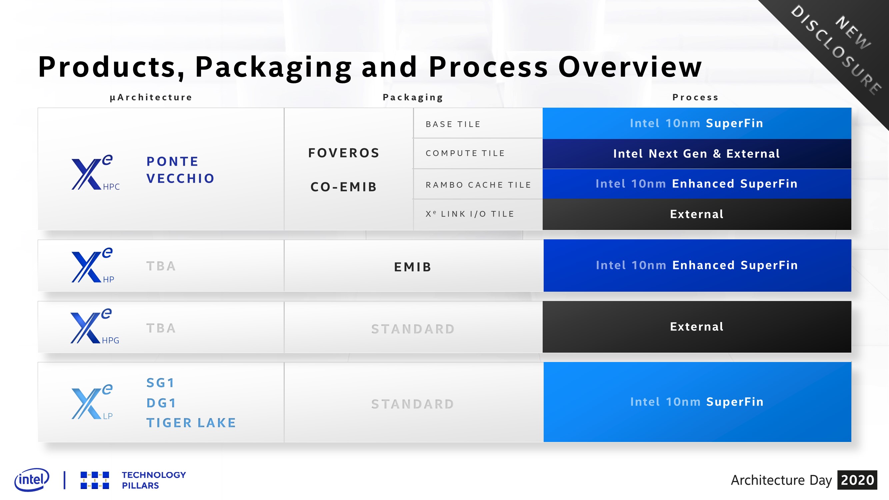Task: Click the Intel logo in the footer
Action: pos(32,480)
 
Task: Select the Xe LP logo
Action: pos(92,402)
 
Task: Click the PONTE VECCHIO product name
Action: pos(180,170)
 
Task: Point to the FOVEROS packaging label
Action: pos(344,153)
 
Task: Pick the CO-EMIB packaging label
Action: pos(344,187)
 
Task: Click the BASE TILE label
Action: pos(453,124)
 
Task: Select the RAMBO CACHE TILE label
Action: pos(478,185)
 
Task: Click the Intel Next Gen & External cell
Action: pos(696,154)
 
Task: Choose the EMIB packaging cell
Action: pos(413,267)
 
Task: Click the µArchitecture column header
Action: pos(151,97)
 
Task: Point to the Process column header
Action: pos(695,97)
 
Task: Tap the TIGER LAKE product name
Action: pos(191,423)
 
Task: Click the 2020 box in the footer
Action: pos(857,480)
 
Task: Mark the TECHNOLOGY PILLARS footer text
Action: pos(154,480)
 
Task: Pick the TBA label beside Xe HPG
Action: pos(161,328)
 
